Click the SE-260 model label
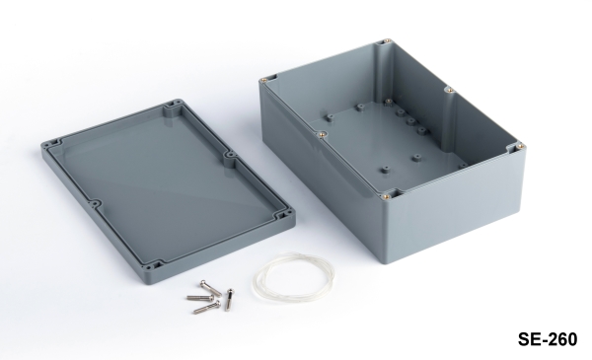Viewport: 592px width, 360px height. [547, 339]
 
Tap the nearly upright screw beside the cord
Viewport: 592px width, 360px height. [229, 299]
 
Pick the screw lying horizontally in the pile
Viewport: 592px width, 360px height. [200, 298]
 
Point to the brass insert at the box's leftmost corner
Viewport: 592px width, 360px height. [264, 80]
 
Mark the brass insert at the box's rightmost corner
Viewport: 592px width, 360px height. [520, 146]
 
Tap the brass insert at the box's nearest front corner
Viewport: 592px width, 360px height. [385, 196]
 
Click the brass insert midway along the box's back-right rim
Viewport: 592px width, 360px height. [449, 90]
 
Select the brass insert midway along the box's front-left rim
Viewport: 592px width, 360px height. [322, 133]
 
